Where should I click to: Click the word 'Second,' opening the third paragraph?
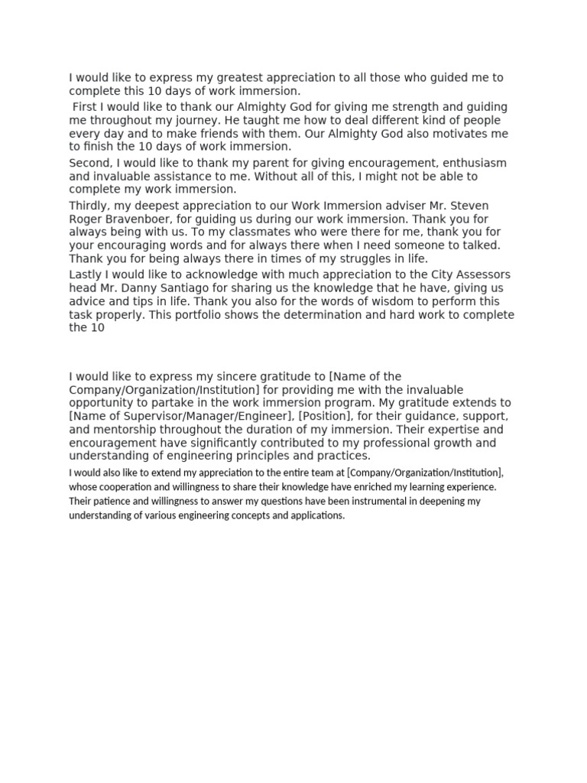tap(92, 163)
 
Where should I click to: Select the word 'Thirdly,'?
tap(92, 206)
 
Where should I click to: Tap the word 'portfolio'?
tap(191, 315)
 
